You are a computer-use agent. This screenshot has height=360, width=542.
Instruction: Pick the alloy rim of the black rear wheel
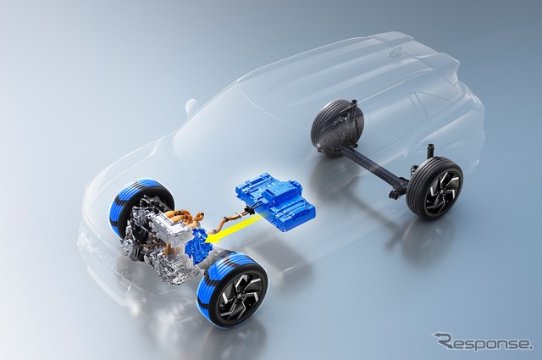(x=442, y=190)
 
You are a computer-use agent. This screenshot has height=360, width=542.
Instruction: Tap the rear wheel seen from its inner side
(x=337, y=126)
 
